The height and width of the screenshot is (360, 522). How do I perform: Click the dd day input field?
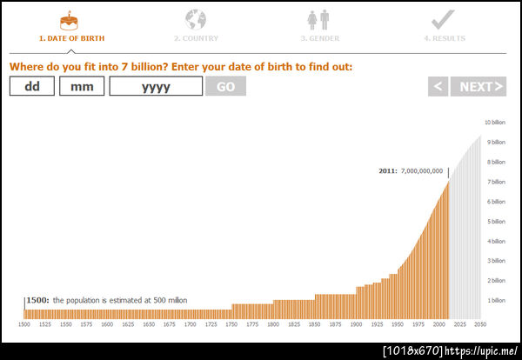tap(32, 86)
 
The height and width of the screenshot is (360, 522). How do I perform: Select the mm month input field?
tap(82, 86)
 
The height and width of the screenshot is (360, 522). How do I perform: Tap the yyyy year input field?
tap(156, 86)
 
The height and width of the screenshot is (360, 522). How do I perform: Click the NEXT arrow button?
tap(478, 86)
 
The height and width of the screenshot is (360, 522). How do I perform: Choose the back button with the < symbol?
tap(438, 86)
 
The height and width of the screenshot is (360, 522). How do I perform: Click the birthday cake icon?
tap(67, 19)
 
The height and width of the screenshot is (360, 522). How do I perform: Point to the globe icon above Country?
tap(196, 19)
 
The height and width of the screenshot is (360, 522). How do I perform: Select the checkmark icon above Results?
tap(443, 19)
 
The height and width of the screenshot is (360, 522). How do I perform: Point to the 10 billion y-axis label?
tap(494, 123)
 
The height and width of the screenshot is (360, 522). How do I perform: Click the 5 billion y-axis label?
tap(494, 222)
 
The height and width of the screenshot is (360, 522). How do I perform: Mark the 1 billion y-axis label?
tap(494, 301)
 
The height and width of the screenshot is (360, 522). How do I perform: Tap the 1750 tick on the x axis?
tap(231, 324)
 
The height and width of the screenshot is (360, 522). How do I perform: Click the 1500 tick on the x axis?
tap(25, 324)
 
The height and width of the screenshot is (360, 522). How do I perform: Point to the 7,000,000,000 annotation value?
tap(422, 171)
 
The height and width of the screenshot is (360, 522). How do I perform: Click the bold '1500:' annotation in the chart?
tap(37, 300)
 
